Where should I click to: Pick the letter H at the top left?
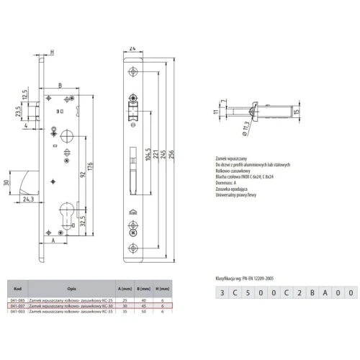(x=53, y=52)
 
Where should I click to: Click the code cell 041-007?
(x=18, y=305)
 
